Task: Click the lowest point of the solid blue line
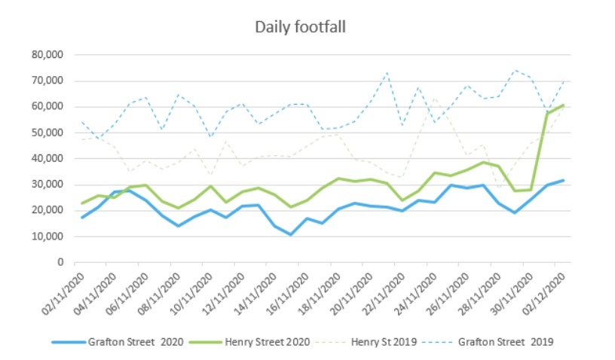click(290, 234)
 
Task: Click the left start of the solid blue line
click(82, 218)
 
